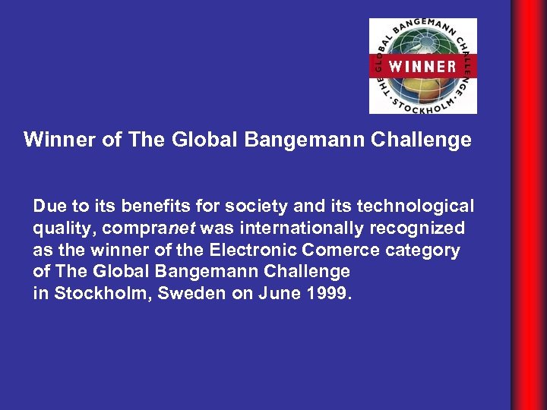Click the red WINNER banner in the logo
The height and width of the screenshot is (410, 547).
click(422, 65)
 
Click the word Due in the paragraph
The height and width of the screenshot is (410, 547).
click(48, 207)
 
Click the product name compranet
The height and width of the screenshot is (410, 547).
click(147, 229)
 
